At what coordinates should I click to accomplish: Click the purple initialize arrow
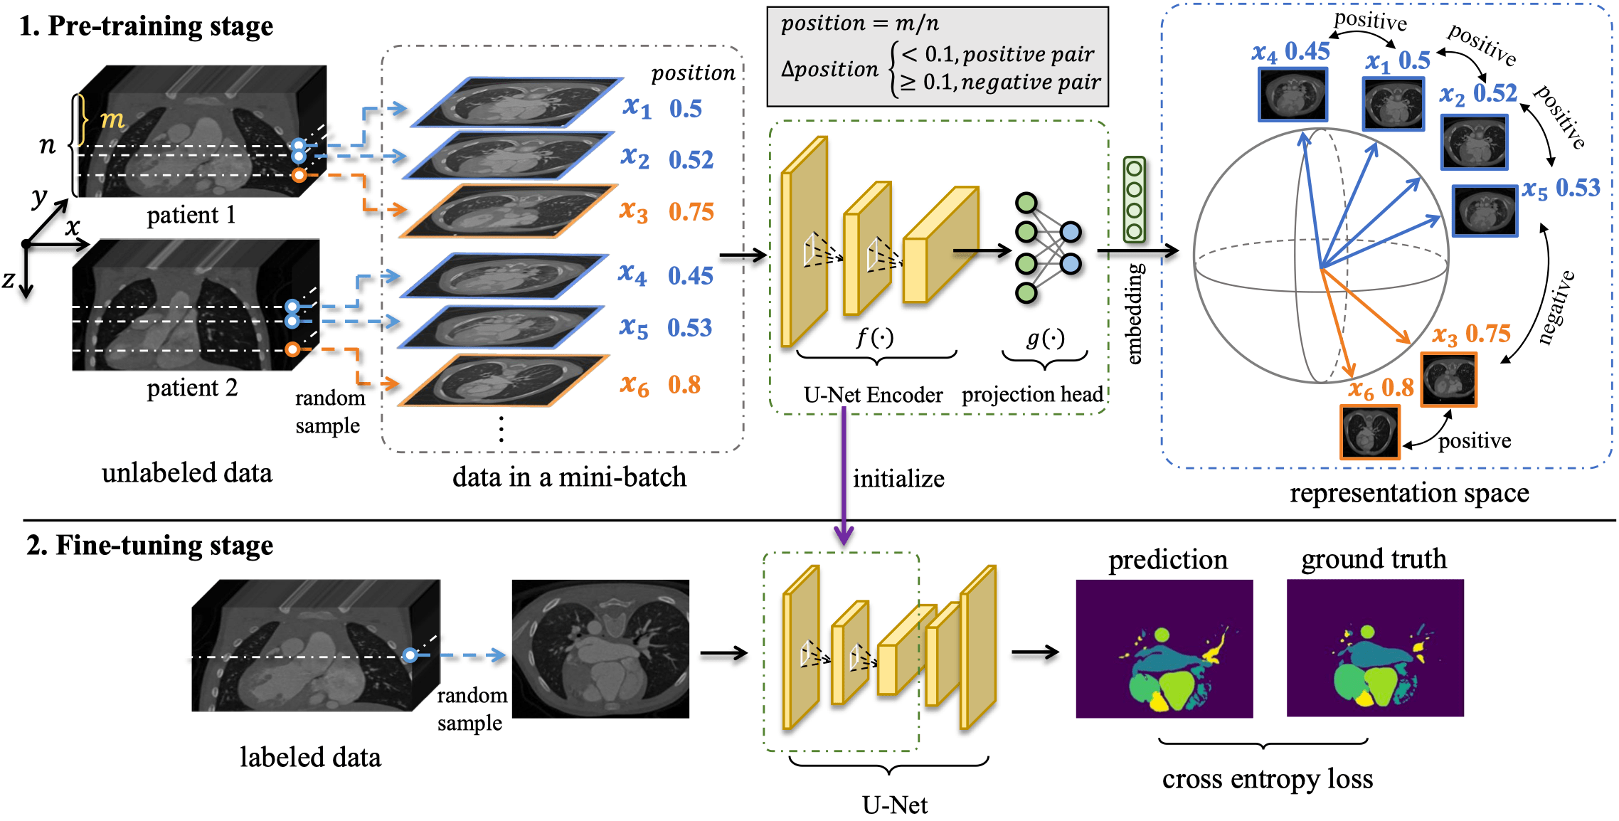coord(844,477)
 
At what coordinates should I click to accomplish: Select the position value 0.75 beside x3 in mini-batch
coord(691,212)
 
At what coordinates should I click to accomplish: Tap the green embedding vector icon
coord(1134,200)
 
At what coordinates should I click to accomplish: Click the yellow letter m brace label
coord(112,119)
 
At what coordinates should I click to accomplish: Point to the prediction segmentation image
coord(1164,648)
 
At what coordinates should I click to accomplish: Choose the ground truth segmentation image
coord(1374,647)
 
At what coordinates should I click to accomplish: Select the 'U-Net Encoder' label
coord(873,395)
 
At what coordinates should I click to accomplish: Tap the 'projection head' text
coord(1032,394)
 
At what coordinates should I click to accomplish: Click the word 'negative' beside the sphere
coord(1556,307)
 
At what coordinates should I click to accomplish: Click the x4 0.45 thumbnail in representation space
coord(1292,95)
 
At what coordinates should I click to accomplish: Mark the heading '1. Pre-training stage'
coord(146,26)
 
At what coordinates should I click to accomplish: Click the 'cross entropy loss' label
coord(1267,779)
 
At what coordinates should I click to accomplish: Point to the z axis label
coord(9,280)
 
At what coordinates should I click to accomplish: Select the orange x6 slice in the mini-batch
coord(503,381)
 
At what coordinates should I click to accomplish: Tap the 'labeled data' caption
coord(310,757)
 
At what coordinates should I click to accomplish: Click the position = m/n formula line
coord(859,23)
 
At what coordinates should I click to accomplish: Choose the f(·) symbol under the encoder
coord(874,337)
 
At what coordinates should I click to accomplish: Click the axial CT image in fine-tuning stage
coord(600,648)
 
